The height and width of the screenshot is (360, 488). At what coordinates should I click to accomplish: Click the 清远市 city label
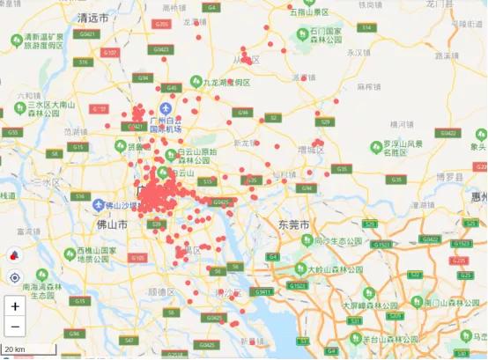tap(93, 18)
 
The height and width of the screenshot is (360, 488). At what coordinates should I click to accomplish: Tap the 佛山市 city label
tap(112, 225)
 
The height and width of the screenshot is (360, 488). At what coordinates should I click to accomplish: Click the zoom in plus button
tap(14, 306)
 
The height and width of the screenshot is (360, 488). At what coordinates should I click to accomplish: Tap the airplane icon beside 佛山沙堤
tap(99, 204)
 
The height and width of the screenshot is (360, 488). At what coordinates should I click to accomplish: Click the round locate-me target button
tap(14, 277)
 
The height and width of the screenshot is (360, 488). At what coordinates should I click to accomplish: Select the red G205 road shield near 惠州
tap(458, 261)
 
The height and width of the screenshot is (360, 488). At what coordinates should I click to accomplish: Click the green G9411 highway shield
tap(262, 290)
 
